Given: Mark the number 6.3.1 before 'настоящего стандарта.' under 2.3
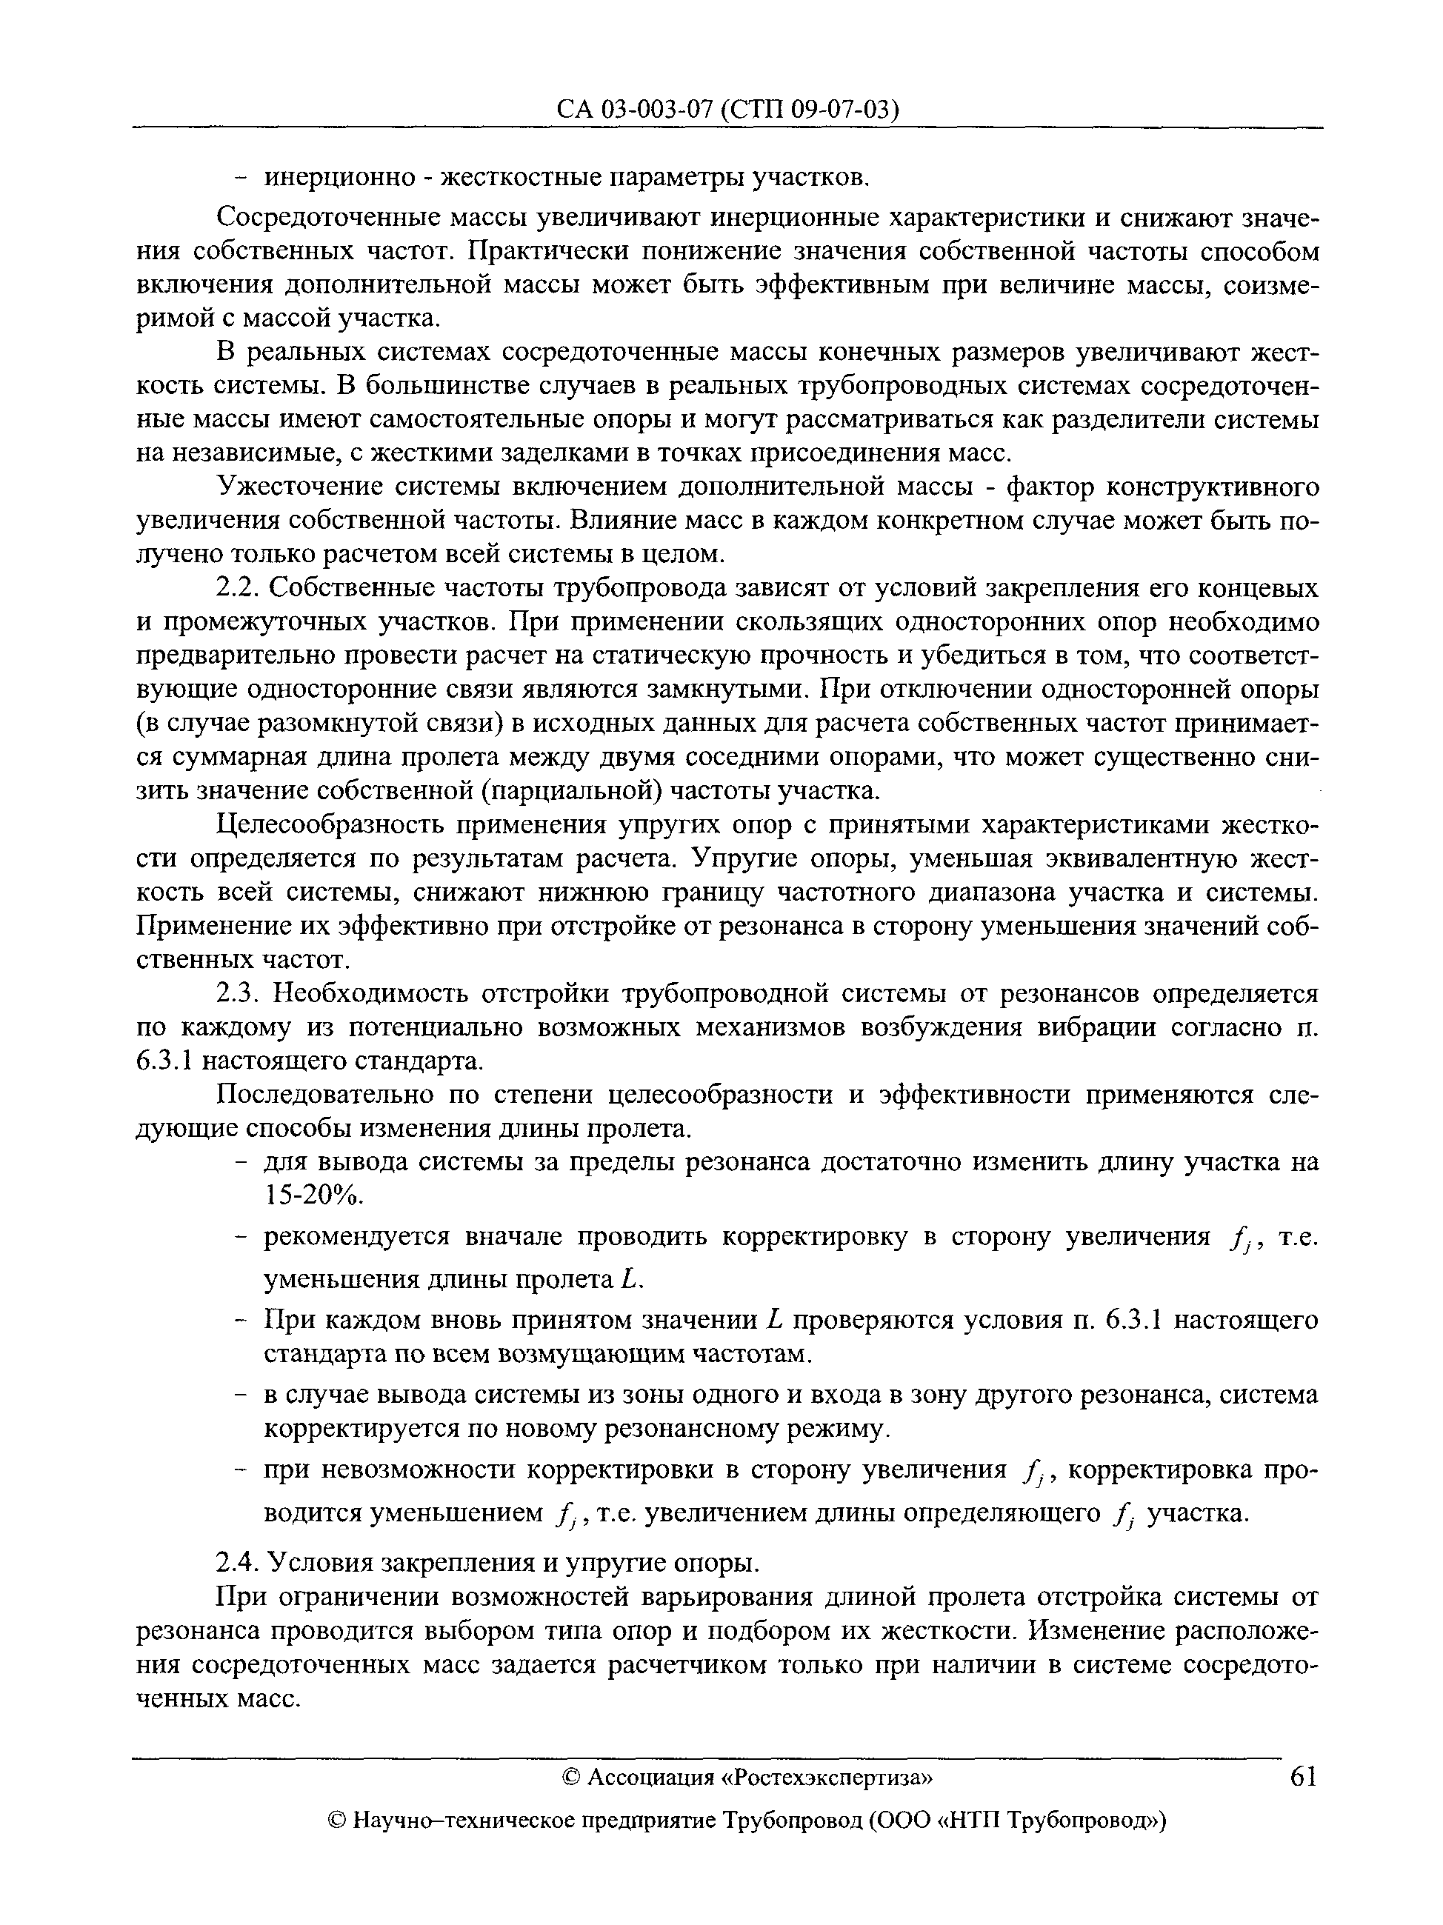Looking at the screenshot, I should click(x=167, y=1061).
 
